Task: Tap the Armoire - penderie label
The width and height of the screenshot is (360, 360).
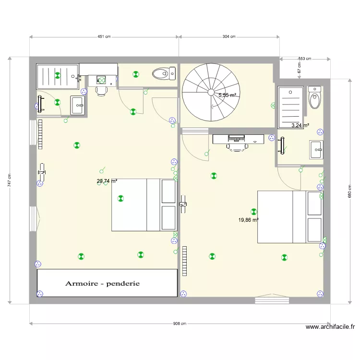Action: [103, 283]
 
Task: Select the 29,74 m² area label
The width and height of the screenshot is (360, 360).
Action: [107, 181]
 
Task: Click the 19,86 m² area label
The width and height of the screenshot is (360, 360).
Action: [249, 220]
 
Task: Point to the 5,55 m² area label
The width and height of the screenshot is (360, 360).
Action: [228, 96]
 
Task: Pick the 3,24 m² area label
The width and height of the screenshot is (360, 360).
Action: [300, 126]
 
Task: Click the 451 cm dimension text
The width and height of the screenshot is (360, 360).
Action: [104, 36]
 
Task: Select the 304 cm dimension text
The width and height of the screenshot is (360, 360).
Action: [229, 36]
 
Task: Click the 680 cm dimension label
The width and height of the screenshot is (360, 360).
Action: [350, 191]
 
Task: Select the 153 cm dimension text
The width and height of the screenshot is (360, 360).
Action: [305, 59]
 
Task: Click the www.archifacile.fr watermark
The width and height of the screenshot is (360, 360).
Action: [330, 327]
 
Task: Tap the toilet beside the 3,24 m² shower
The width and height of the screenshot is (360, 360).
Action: [314, 98]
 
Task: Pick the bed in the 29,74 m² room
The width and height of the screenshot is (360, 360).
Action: [144, 205]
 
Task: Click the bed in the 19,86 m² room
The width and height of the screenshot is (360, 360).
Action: [289, 217]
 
